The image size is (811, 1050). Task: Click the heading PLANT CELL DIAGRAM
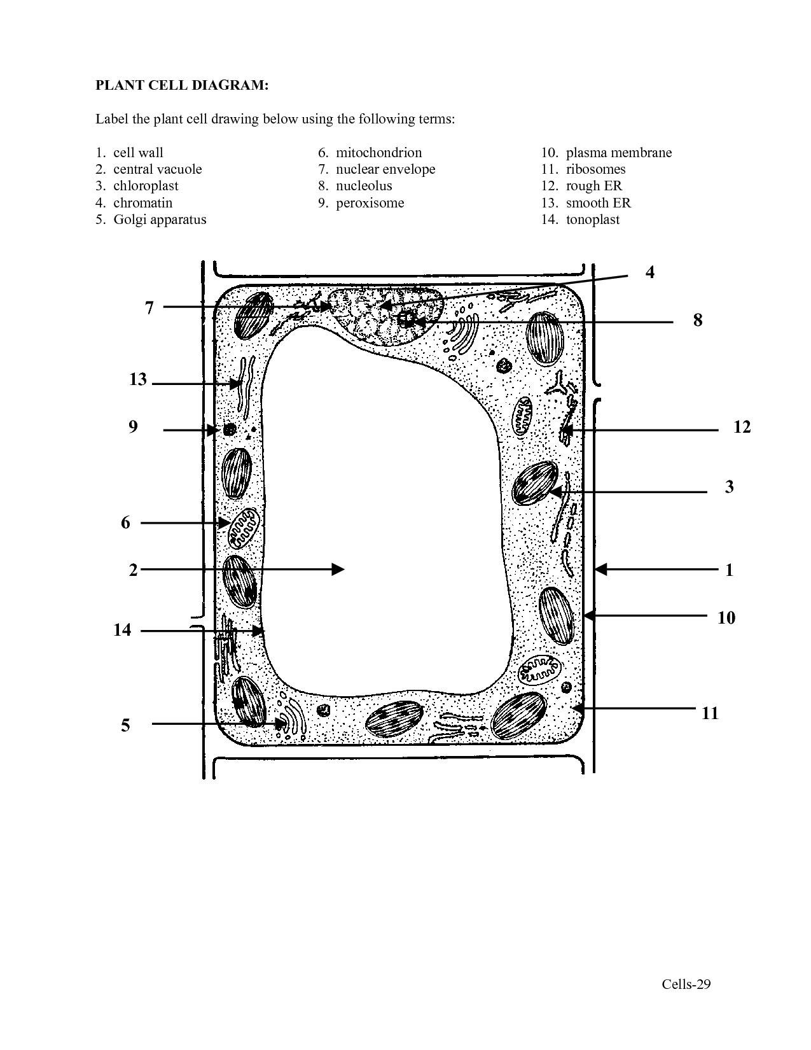click(182, 85)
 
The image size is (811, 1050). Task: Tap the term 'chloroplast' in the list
click(146, 186)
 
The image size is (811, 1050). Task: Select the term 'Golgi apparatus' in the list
click(160, 220)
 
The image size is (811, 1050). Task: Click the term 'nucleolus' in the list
click(364, 186)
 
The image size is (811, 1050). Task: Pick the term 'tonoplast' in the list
click(593, 220)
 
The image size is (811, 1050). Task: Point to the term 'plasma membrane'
click(619, 153)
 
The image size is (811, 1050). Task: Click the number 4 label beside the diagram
click(650, 272)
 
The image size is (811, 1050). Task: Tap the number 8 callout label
click(698, 320)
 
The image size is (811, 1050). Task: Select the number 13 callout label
click(137, 379)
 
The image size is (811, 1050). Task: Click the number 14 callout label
click(122, 629)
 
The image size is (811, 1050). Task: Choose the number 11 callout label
click(710, 713)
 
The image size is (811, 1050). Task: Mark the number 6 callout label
click(125, 522)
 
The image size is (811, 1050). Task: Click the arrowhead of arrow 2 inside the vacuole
click(338, 569)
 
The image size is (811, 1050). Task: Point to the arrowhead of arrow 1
click(600, 569)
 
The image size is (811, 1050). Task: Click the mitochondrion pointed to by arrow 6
click(244, 528)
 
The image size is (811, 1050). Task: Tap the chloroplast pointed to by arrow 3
click(535, 483)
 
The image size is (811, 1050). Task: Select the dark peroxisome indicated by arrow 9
click(230, 429)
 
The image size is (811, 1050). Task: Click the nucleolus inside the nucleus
click(407, 319)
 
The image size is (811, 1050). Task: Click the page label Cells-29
click(686, 984)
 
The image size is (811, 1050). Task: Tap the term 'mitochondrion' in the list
click(378, 153)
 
